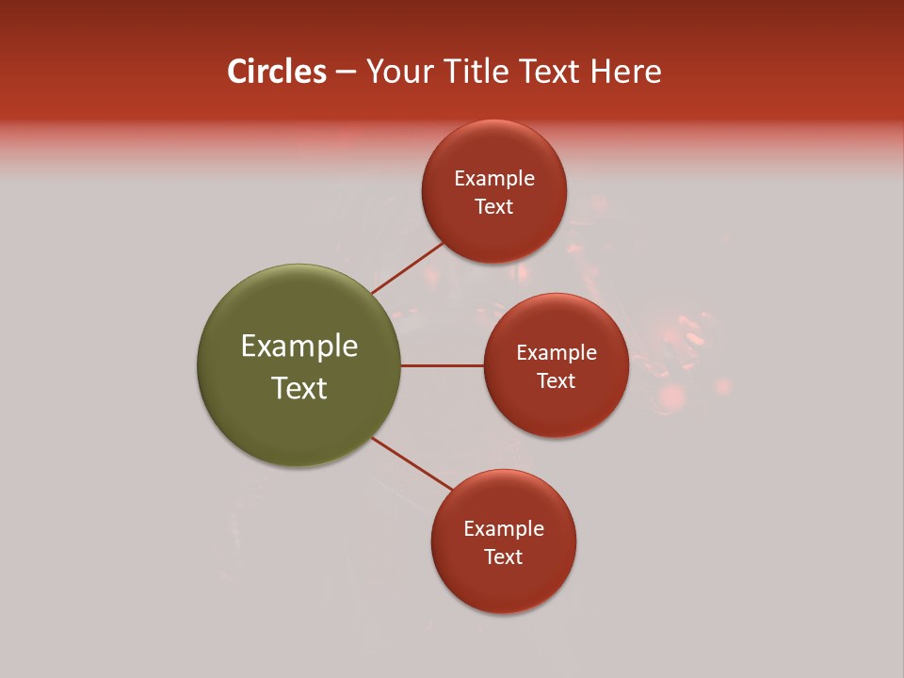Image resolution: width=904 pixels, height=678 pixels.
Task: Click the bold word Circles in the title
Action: click(276, 72)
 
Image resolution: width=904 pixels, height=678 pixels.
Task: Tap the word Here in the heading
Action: click(625, 72)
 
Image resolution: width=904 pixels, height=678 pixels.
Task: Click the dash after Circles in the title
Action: click(346, 73)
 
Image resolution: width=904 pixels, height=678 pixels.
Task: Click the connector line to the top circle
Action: click(407, 267)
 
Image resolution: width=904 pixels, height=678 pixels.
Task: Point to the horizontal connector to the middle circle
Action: click(442, 365)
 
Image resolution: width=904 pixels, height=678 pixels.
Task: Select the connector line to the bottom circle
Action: click(412, 464)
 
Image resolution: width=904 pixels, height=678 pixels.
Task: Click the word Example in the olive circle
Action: click(299, 347)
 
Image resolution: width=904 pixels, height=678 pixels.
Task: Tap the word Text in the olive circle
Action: click(299, 388)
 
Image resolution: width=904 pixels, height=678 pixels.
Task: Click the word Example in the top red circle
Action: click(494, 179)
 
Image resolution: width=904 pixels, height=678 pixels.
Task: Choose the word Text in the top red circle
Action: click(494, 207)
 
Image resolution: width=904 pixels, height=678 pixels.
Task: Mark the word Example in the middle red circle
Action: click(557, 353)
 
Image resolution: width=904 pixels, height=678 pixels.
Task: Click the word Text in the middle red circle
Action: click(557, 381)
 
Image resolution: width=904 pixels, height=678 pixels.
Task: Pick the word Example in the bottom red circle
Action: click(504, 529)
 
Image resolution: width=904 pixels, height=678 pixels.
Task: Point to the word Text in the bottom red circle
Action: click(504, 557)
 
